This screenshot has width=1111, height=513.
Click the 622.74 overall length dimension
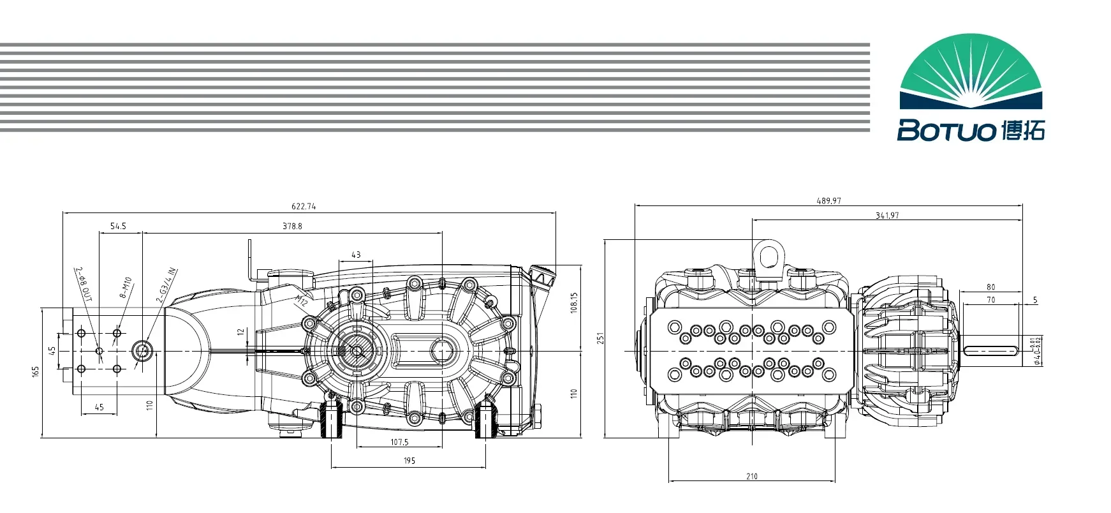[304, 206]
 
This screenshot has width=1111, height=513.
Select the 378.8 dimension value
[292, 226]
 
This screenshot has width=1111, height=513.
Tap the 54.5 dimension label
[118, 226]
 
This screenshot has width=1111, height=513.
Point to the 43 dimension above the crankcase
[356, 255]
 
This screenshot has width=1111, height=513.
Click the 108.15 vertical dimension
[573, 302]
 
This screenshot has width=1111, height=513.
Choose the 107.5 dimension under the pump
[399, 442]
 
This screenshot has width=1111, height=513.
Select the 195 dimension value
[409, 460]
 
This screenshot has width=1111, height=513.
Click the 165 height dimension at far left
[35, 371]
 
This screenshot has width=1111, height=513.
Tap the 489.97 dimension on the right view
[828, 200]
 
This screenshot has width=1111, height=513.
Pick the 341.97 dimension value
[887, 215]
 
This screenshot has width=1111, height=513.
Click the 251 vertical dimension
[600, 339]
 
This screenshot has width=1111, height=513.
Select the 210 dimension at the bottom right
[752, 476]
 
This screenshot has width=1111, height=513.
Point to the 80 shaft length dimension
[990, 287]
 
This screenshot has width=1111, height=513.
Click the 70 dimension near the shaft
[990, 299]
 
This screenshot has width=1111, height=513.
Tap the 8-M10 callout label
[125, 288]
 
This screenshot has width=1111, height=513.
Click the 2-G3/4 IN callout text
[166, 285]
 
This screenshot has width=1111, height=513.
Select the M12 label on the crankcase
[301, 301]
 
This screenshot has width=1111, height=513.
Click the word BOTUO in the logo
[946, 131]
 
